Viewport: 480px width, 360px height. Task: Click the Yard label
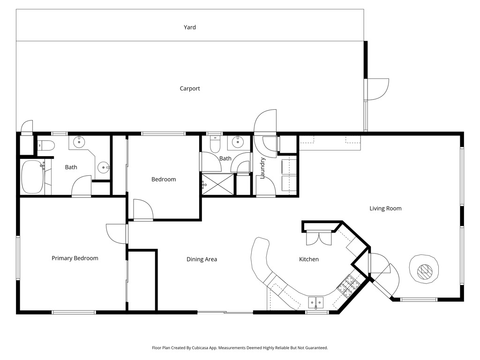tap(189, 27)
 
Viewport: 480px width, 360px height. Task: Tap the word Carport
tap(190, 89)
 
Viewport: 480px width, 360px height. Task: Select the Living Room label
tap(385, 209)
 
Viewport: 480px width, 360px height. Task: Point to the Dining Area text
tap(202, 259)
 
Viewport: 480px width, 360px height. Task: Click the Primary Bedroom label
tap(75, 258)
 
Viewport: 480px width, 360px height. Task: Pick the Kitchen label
tap(309, 259)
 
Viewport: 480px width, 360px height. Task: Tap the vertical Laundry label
tap(263, 168)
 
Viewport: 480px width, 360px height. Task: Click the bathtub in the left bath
tap(32, 177)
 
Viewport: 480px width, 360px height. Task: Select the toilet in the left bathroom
tap(45, 146)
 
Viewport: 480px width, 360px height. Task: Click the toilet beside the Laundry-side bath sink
tap(215, 143)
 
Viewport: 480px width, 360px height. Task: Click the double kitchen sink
tap(316, 302)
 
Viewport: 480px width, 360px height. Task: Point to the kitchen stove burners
tap(347, 285)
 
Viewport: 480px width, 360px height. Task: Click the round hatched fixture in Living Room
tap(425, 270)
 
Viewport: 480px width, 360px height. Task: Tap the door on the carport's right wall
tap(377, 89)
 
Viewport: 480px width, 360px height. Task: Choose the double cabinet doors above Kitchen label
tap(318, 239)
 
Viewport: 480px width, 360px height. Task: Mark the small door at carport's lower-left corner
tap(27, 127)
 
